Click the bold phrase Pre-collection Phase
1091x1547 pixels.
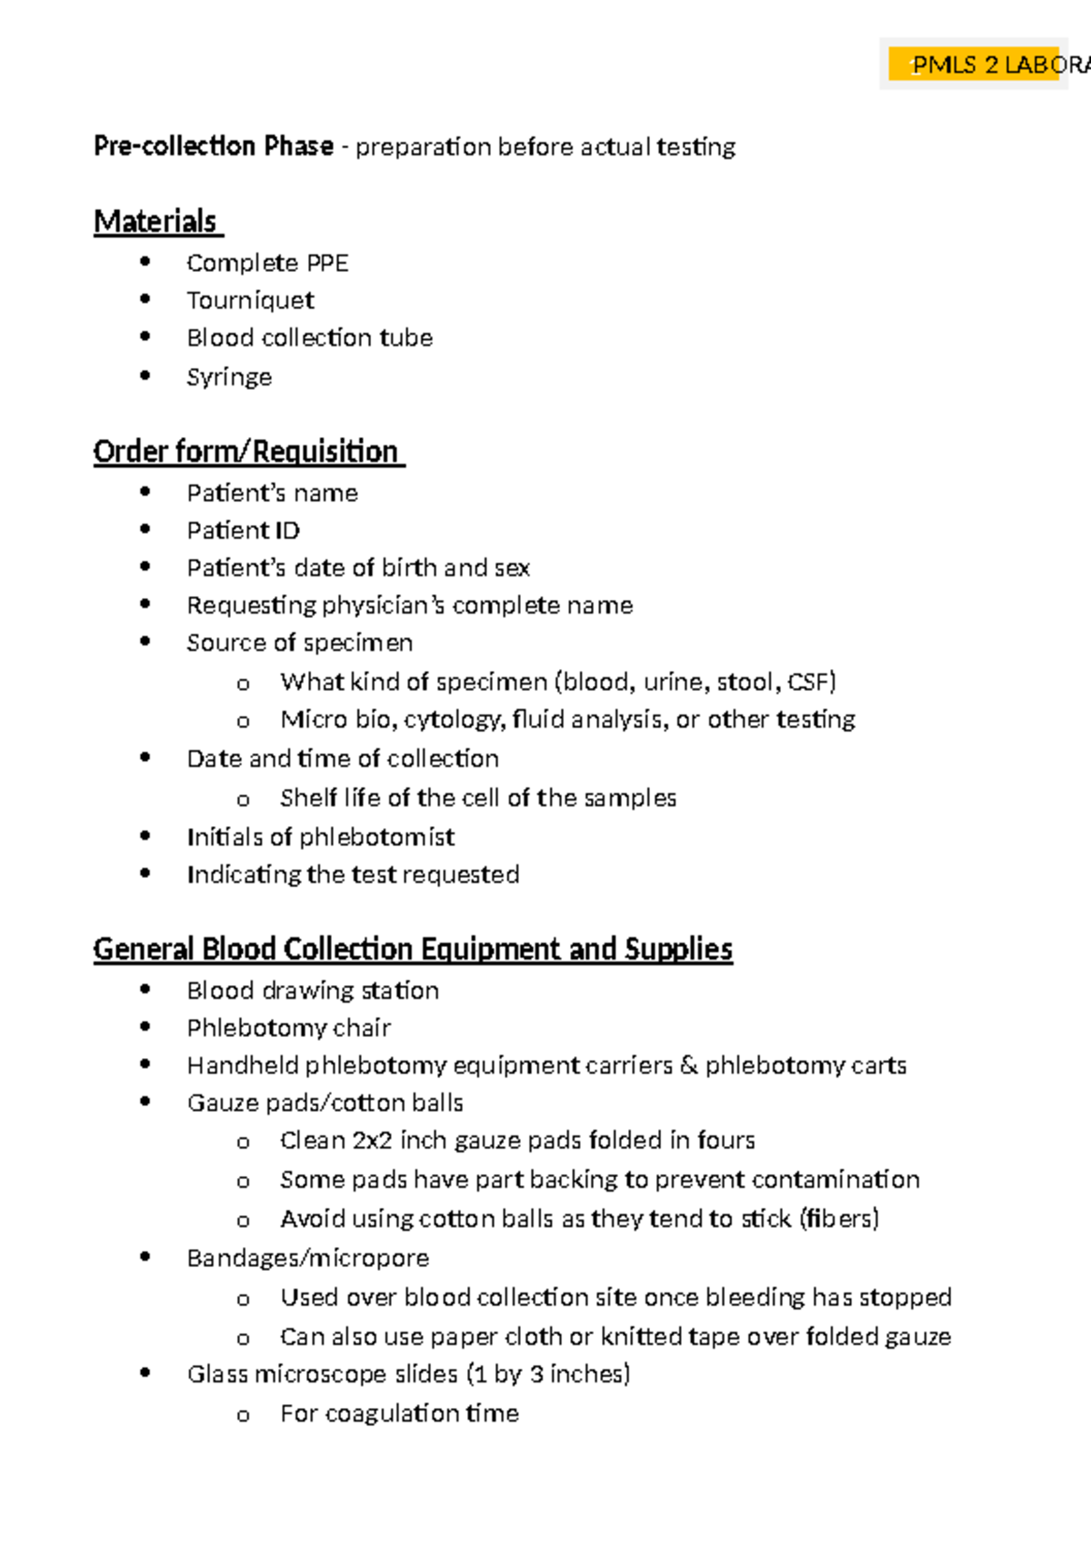[x=214, y=146]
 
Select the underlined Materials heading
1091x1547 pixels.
[x=155, y=222]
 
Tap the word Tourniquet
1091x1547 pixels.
[x=250, y=300]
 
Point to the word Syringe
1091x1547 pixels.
[x=229, y=376]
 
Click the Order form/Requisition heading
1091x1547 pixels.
[x=246, y=452]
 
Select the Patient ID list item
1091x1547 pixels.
[x=243, y=530]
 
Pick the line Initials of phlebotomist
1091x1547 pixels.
[x=320, y=836]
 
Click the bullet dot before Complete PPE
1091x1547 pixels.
[x=145, y=262]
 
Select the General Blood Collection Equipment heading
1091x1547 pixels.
[x=413, y=949]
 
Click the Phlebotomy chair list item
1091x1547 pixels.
[x=288, y=1027]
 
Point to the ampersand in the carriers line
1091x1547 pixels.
[x=689, y=1064]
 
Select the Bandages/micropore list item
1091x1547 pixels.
[x=307, y=1258]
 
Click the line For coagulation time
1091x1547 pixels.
[x=399, y=1413]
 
